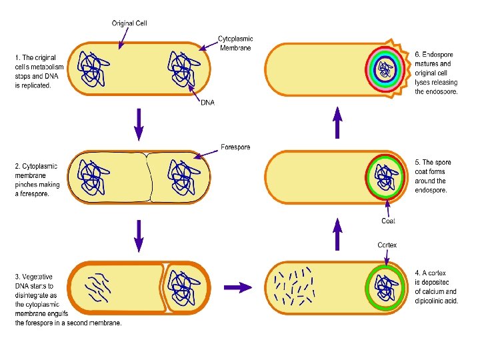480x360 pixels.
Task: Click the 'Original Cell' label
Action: click(129, 23)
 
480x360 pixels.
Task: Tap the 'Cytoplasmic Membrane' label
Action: click(236, 43)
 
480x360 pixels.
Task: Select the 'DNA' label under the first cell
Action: click(207, 102)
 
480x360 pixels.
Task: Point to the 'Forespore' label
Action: click(235, 147)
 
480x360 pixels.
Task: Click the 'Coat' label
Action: click(388, 221)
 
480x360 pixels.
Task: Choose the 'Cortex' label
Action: click(387, 245)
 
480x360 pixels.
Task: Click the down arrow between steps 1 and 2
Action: click(139, 124)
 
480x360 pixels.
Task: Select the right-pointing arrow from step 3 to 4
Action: click(237, 287)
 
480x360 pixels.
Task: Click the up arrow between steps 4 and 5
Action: click(338, 233)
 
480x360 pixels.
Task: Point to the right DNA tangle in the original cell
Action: click(181, 69)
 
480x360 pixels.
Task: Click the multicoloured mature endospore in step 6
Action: click(385, 69)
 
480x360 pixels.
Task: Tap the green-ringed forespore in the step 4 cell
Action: click(385, 287)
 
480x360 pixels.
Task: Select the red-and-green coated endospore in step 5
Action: click(385, 177)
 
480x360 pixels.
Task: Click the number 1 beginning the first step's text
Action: click(17, 58)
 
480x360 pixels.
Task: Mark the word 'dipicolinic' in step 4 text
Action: click(433, 301)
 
